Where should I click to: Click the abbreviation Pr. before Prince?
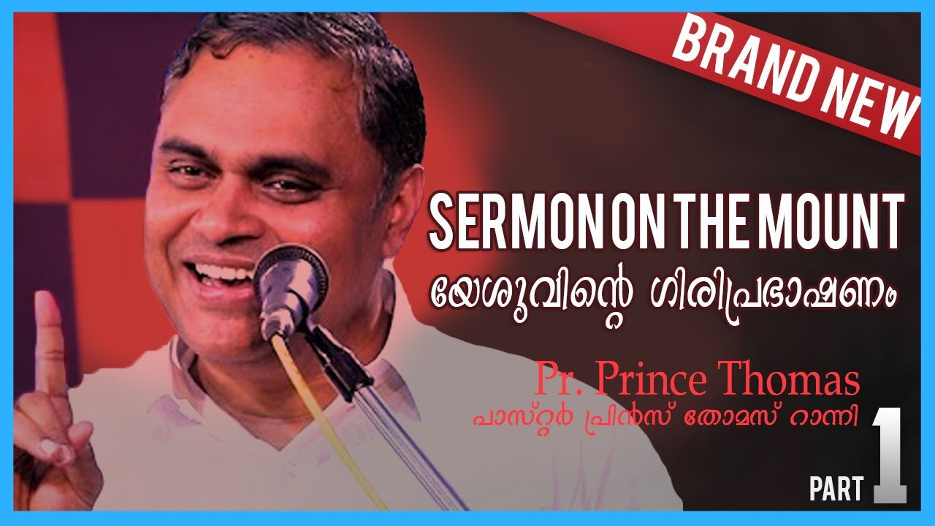point(559,383)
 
